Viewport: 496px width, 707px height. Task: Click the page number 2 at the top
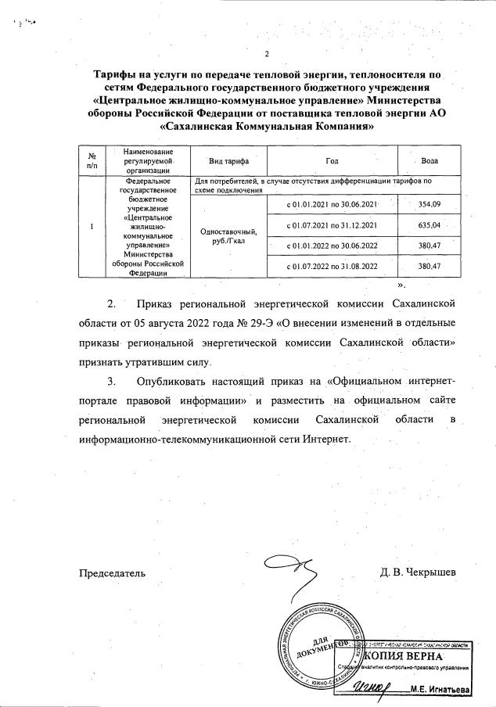click(267, 54)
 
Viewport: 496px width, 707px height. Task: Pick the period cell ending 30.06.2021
click(333, 205)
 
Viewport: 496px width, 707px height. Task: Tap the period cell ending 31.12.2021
click(333, 225)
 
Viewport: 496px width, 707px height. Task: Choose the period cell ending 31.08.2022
click(333, 267)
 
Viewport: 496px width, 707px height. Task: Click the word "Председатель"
click(112, 573)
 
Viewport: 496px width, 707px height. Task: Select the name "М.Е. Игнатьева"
click(441, 690)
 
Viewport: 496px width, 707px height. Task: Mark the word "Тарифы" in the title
click(117, 75)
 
